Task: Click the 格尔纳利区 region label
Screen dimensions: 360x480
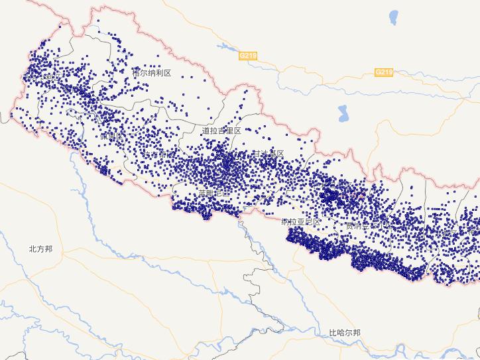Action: click(152, 73)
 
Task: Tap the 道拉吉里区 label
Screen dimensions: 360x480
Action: click(221, 131)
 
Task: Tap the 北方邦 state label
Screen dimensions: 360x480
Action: click(40, 249)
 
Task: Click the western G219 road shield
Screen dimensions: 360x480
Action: click(248, 56)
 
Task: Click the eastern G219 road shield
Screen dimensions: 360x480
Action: click(384, 72)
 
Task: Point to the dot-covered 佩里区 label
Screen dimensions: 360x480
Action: click(111, 136)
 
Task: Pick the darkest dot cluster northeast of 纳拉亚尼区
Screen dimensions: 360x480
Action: click(330, 196)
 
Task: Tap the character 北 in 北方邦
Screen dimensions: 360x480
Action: click(32, 249)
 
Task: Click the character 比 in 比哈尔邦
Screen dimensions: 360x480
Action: click(333, 332)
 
